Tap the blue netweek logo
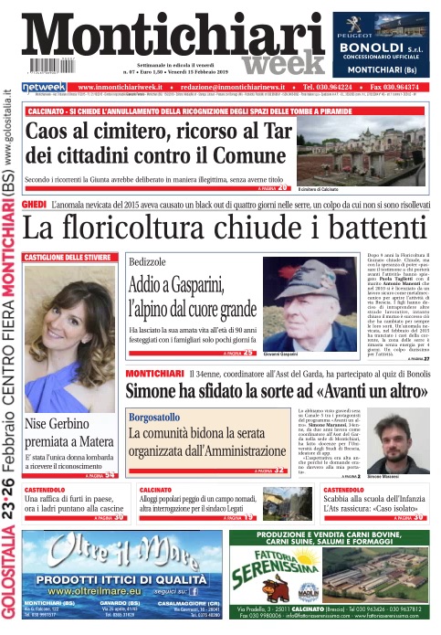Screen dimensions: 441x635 [45, 87]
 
